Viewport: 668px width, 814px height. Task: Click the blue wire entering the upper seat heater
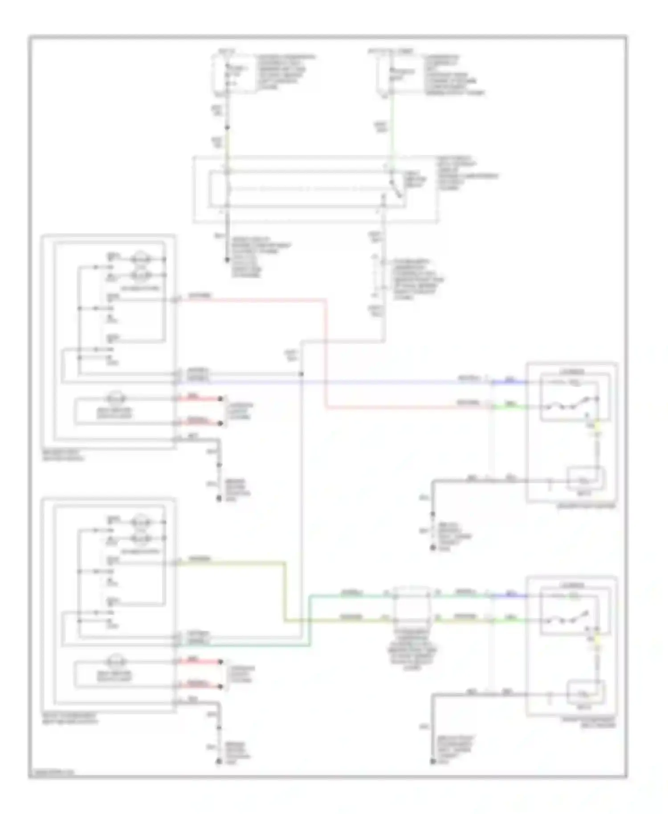[x=510, y=382]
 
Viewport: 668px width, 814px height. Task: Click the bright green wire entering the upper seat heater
[x=510, y=406]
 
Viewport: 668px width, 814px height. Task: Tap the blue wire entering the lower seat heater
[x=510, y=595]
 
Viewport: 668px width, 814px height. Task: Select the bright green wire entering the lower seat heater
[x=510, y=619]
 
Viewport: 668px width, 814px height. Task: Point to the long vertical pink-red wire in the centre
[x=326, y=352]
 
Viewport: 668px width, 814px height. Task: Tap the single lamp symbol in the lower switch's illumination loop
[x=116, y=661]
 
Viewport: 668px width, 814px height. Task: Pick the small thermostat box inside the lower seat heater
[x=585, y=692]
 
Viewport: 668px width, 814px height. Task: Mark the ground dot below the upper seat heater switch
[x=219, y=499]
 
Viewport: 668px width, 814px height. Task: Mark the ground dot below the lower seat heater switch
[x=219, y=762]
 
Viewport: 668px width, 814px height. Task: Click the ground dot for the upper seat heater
[x=432, y=548]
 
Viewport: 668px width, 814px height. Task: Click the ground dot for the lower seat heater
[x=432, y=762]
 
